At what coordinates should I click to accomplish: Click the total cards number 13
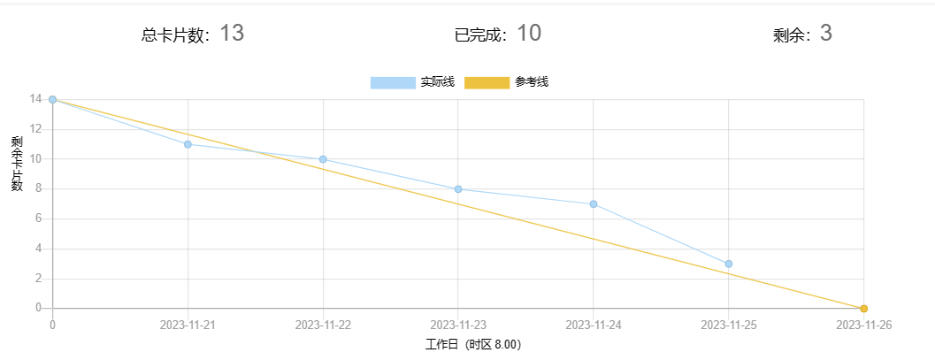[231, 34]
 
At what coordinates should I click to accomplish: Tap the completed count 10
[528, 34]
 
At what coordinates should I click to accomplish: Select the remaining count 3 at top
[826, 34]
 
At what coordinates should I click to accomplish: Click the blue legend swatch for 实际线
[392, 82]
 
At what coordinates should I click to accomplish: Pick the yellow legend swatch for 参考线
[487, 82]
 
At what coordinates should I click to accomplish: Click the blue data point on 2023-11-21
[188, 144]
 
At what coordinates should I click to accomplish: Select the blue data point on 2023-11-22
[323, 159]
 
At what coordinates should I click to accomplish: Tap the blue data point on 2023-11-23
[458, 189]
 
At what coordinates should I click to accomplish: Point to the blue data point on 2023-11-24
[594, 204]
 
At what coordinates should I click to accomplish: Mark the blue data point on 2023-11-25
[729, 264]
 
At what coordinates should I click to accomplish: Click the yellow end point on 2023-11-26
[864, 309]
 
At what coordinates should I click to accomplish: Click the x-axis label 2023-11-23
[458, 325]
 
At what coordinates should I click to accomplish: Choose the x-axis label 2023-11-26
[864, 325]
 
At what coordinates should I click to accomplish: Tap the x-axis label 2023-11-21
[188, 325]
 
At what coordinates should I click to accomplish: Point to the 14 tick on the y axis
[35, 99]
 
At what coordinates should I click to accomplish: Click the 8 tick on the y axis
[38, 188]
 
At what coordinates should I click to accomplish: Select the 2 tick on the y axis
[38, 279]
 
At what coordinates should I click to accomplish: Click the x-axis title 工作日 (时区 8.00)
[473, 345]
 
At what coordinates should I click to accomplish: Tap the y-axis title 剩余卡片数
[17, 164]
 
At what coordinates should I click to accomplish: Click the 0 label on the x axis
[52, 325]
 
